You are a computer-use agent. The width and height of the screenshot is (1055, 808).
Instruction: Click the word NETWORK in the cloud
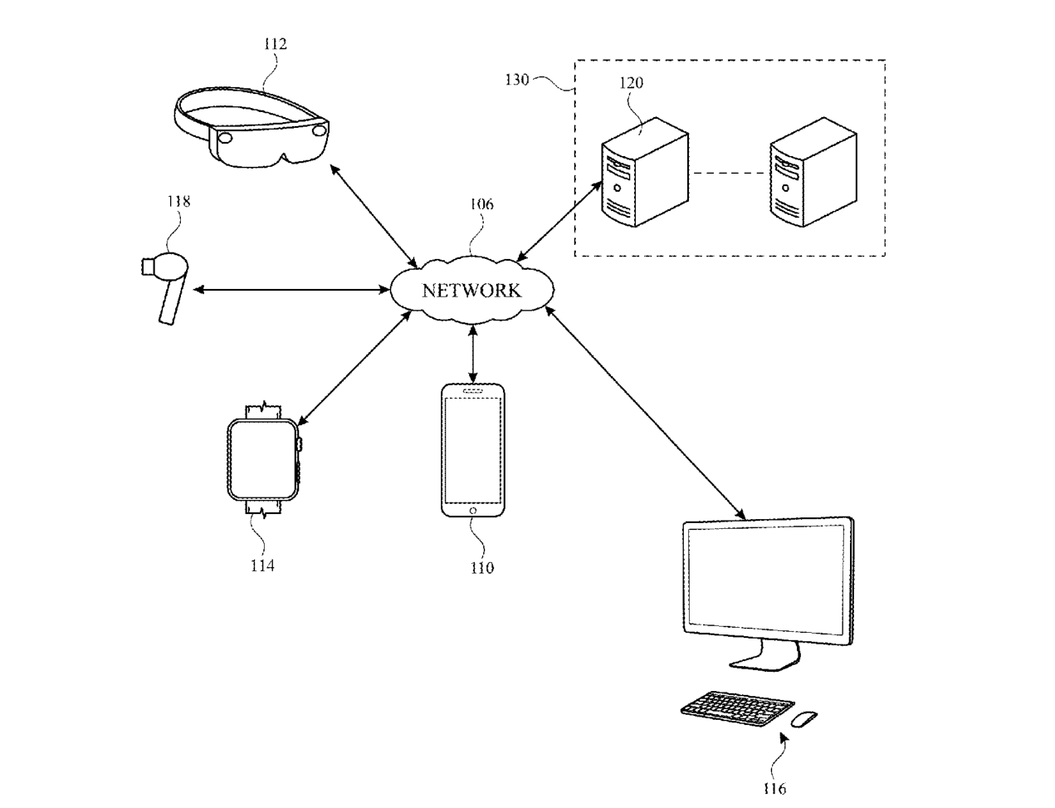point(471,291)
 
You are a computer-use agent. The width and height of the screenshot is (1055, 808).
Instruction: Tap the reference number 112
point(276,44)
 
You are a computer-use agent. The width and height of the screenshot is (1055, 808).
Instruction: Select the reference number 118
point(178,202)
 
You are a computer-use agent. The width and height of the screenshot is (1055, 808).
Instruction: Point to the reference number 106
point(481,204)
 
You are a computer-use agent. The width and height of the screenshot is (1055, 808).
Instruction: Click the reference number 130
point(516,79)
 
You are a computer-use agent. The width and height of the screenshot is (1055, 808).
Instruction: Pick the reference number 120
point(631,83)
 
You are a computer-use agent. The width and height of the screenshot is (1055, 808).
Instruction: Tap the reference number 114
point(262,566)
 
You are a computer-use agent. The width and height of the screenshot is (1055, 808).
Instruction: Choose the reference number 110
point(482,568)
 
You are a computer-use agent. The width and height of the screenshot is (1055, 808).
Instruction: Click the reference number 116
point(774,789)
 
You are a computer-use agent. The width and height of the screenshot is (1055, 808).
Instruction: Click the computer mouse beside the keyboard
point(804,719)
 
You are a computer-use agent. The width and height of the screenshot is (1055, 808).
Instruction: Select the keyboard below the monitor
point(737,708)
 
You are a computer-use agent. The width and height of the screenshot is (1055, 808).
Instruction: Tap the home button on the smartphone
point(473,511)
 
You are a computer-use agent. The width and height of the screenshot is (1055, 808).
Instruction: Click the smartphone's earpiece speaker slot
point(473,391)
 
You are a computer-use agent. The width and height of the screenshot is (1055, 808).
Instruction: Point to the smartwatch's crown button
point(300,444)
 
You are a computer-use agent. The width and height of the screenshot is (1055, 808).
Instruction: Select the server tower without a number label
point(813,172)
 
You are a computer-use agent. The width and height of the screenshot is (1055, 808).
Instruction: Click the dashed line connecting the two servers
point(730,173)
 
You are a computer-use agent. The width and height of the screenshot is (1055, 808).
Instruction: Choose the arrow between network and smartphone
point(473,354)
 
